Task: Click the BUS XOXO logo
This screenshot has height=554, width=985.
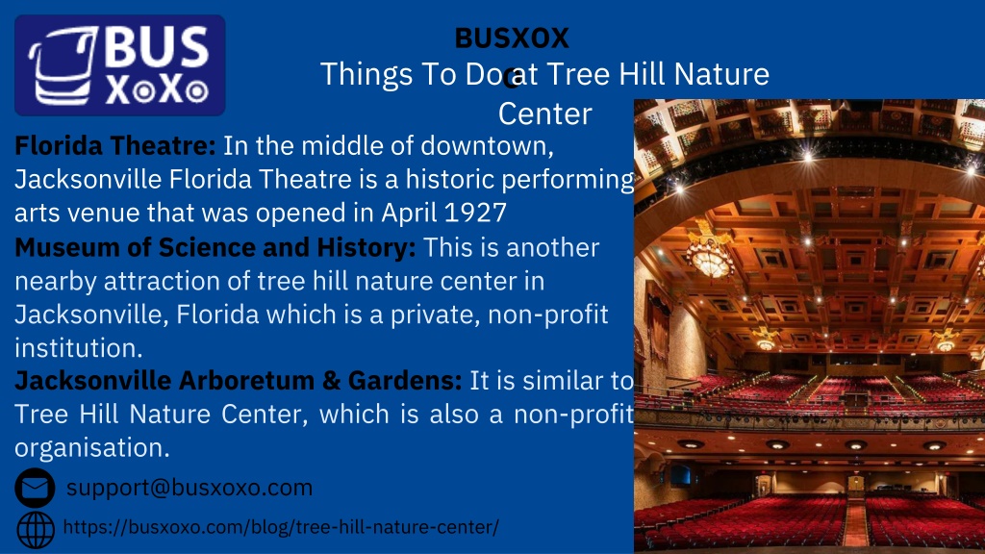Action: (120, 65)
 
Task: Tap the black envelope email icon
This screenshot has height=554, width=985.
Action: (36, 488)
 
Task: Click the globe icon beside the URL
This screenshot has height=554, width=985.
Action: (36, 530)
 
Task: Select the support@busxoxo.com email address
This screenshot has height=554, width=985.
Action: (189, 488)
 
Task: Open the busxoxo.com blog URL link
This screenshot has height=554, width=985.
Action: (281, 527)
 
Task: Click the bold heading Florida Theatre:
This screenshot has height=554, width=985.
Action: (115, 146)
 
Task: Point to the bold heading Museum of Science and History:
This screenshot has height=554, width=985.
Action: (215, 247)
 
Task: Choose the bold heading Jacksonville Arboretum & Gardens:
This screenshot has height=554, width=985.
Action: (239, 381)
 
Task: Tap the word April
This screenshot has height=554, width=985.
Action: (410, 214)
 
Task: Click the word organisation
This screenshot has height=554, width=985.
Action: (92, 448)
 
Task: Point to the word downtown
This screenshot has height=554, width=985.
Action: (487, 146)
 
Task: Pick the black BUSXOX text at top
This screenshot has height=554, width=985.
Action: (512, 38)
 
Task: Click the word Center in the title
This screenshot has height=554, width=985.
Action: (545, 113)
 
